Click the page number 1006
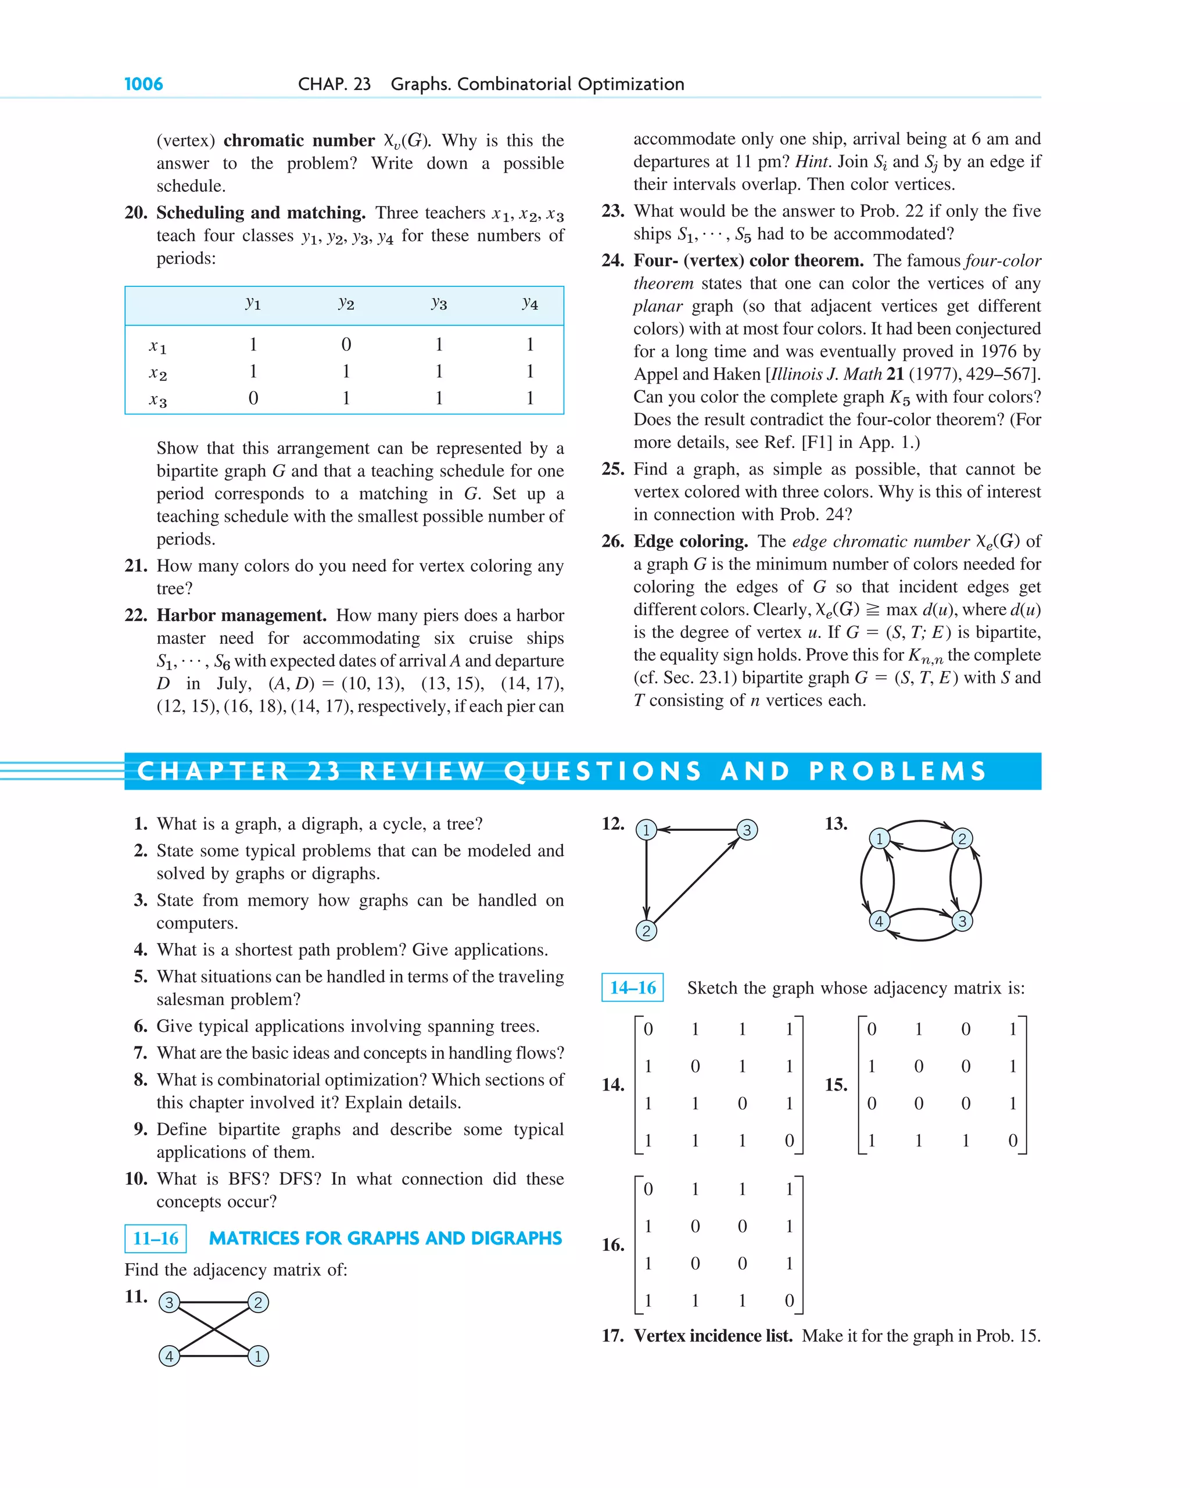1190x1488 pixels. click(144, 84)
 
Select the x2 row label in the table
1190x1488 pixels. click(158, 372)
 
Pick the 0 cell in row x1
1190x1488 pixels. click(346, 344)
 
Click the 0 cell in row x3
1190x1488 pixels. click(253, 398)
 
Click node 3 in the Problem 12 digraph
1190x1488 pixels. click(746, 830)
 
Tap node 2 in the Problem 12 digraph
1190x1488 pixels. click(646, 930)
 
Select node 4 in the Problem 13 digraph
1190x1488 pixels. click(879, 921)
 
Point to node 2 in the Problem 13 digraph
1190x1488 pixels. click(962, 838)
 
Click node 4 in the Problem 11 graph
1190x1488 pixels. click(169, 1356)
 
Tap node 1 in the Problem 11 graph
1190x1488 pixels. click(258, 1356)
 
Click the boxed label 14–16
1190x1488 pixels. click(632, 988)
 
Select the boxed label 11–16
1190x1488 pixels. click(155, 1238)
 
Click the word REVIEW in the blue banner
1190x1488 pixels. click(422, 771)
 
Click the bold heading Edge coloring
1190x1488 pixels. click(690, 541)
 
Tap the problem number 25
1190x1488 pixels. click(612, 469)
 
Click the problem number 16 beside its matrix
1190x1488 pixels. click(612, 1245)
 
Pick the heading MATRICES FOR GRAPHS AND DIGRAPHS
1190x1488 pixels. click(385, 1238)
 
